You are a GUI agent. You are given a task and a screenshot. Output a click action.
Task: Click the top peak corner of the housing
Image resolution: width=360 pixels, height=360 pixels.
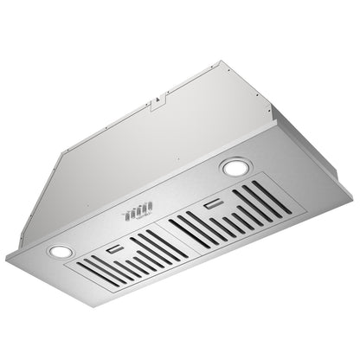coord(223,61)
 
